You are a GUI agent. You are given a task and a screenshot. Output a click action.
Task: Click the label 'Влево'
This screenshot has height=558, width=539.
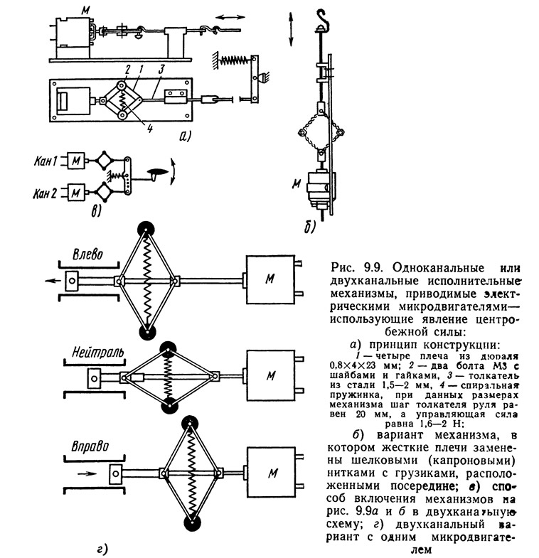(87, 254)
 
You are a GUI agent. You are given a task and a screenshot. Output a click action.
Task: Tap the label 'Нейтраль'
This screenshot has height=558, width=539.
(98, 353)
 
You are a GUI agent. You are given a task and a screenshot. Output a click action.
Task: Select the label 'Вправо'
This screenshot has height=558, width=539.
(90, 446)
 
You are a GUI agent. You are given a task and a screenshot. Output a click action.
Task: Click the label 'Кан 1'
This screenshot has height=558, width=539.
(46, 161)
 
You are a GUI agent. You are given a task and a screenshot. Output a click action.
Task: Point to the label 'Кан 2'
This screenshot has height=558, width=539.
(45, 193)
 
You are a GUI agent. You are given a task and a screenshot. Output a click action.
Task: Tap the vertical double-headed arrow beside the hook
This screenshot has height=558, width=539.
(291, 29)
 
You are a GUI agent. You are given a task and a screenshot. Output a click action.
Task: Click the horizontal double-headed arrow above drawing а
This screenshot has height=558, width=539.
(230, 17)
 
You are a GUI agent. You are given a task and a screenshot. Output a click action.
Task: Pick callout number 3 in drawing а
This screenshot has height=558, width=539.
(161, 70)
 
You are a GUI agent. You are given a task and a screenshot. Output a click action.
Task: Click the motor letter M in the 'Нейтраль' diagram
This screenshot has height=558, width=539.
(271, 375)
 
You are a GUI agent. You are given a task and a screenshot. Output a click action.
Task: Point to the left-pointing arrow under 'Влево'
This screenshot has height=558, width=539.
(53, 281)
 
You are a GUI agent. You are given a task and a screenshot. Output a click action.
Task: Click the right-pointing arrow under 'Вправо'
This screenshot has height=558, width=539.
(87, 473)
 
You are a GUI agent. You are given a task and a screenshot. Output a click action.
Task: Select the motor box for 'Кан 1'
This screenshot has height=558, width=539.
(76, 161)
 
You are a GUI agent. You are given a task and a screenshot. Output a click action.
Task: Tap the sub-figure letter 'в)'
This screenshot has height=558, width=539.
(96, 211)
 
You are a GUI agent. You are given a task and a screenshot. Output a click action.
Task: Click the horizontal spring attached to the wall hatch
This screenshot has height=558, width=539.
(234, 60)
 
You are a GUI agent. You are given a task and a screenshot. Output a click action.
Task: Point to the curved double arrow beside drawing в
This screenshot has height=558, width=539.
(174, 171)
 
